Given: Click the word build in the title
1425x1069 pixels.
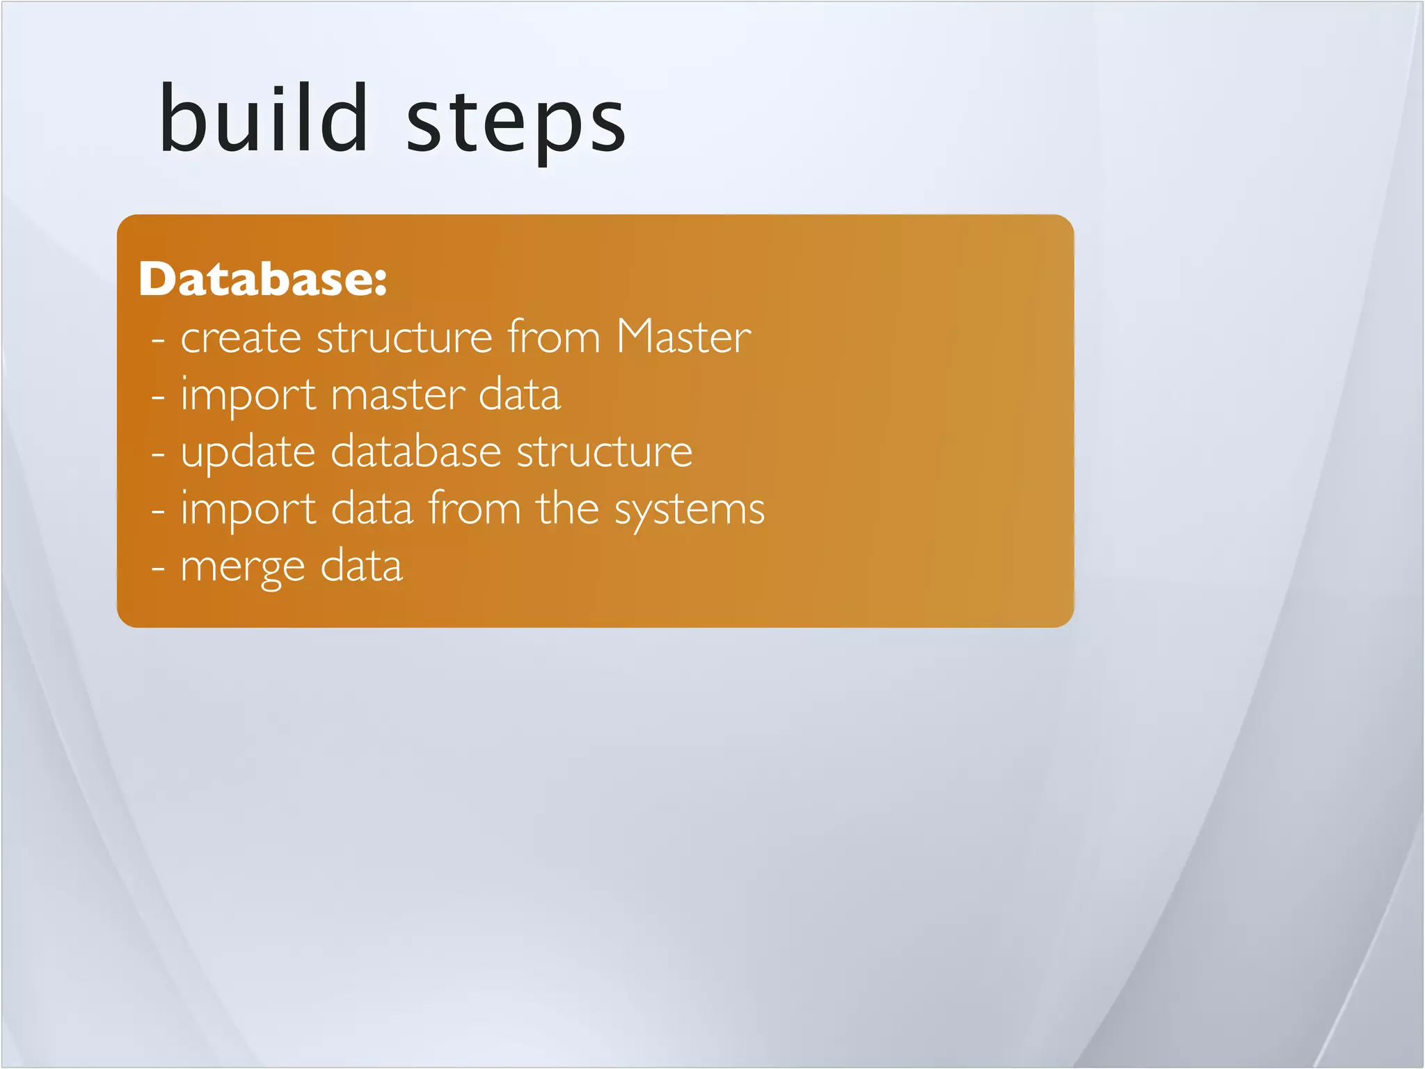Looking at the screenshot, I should pos(263,118).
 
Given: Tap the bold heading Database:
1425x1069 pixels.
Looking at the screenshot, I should pos(262,279).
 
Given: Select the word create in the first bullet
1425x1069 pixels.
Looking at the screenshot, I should pos(241,338).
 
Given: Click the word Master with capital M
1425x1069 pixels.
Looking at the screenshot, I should pos(683,337).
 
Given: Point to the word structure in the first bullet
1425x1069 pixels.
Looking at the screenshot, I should pos(405,338).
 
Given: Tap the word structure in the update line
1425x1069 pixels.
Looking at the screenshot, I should pos(605,452).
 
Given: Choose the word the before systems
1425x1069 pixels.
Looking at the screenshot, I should pos(567,508).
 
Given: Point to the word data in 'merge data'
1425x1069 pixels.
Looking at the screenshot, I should pos(361,565).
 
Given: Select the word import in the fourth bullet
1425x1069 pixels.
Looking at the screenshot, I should pos(248,511).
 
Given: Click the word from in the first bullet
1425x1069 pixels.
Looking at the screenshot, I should pos(553,337).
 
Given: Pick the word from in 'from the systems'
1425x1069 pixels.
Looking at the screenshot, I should pos(475,508).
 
